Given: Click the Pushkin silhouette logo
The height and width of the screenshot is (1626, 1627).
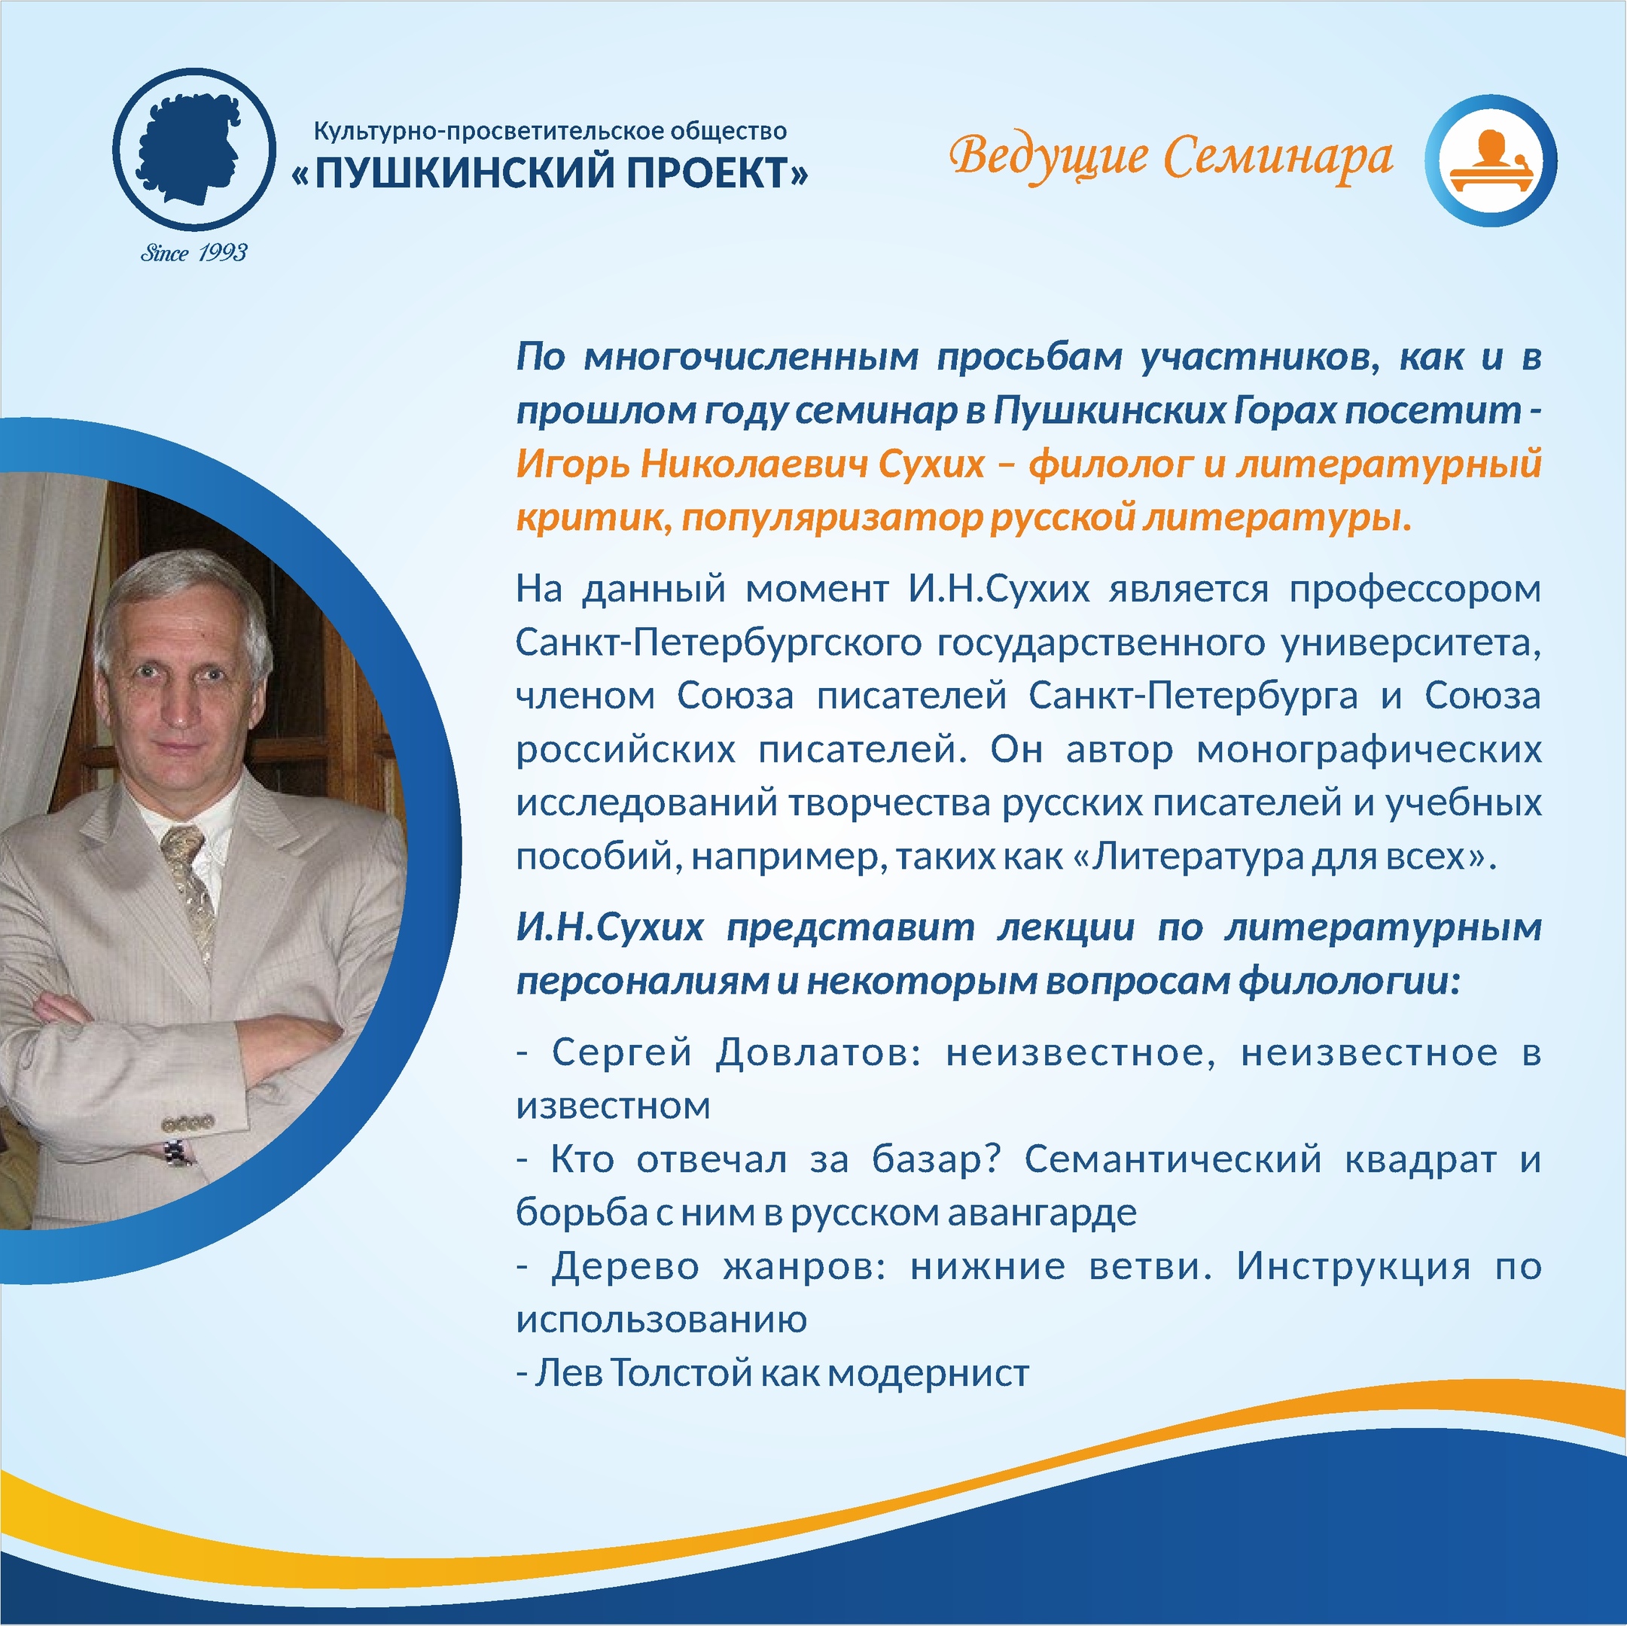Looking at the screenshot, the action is click(193, 149).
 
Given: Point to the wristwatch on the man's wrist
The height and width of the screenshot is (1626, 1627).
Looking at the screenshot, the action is click(178, 1151).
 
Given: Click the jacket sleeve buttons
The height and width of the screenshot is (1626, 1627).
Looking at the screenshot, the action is click(187, 1122).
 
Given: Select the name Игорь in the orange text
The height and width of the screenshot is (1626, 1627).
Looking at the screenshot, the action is click(569, 464).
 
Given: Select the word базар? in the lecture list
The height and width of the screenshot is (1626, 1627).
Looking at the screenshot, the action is click(937, 1159).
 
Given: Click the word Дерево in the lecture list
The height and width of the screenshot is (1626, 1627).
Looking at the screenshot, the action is click(626, 1266).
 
